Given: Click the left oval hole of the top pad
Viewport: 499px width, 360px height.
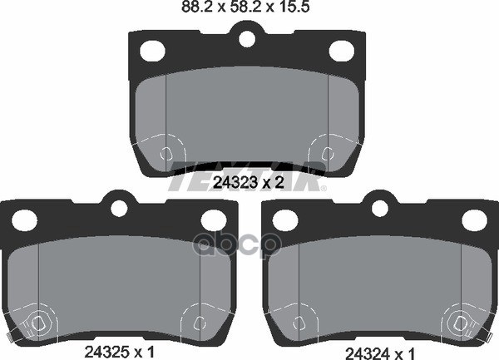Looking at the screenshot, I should (x=152, y=51).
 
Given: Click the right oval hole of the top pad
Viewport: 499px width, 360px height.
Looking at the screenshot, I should (x=341, y=51).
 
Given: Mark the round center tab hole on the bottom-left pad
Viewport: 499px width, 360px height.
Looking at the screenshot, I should (x=119, y=206).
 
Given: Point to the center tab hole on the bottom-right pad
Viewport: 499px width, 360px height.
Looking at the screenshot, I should (x=380, y=206).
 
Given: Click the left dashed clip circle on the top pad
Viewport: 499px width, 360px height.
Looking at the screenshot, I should (x=167, y=155).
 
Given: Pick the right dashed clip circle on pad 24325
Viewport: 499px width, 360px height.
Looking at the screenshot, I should (x=199, y=323).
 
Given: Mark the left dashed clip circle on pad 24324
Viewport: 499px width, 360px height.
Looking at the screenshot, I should (x=300, y=323).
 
